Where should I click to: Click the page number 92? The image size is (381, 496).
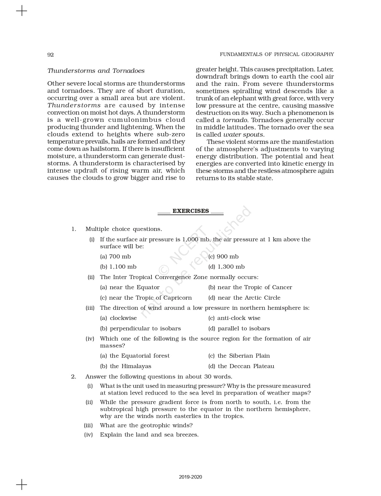(50, 55)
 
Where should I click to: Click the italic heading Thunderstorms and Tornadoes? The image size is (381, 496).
(96, 71)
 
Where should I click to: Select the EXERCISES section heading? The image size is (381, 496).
(191, 211)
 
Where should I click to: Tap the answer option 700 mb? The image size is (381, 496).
(115, 257)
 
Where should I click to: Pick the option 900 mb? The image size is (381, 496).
(223, 257)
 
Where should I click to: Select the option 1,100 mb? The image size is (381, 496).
(118, 267)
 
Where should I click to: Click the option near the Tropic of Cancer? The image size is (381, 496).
(250, 287)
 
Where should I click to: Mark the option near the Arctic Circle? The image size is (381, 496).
(244, 298)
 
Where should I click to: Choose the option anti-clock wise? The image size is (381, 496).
(234, 318)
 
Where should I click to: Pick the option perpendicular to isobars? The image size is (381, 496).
(140, 329)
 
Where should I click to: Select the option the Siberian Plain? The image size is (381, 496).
(239, 356)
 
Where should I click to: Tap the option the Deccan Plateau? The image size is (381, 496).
(241, 366)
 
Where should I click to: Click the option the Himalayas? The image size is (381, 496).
(126, 366)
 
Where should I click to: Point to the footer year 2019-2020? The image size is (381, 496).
(190, 477)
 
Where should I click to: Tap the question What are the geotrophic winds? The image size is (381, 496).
(146, 426)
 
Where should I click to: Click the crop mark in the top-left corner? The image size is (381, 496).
(21, 11)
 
